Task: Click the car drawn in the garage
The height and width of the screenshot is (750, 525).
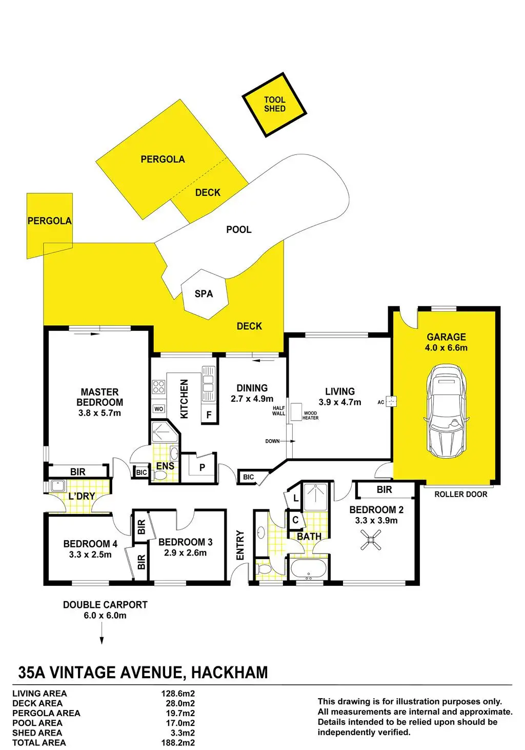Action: point(447,410)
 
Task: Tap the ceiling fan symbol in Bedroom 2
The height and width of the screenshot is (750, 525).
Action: point(371,540)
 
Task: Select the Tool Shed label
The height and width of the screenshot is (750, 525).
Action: point(275,104)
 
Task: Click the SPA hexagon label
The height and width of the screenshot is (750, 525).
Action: point(204,294)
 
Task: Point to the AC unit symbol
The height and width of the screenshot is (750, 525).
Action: point(393,402)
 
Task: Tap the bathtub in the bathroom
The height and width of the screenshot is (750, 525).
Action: point(308,569)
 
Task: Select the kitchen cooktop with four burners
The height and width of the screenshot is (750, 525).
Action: point(158,386)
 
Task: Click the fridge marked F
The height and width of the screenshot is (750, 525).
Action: point(209,415)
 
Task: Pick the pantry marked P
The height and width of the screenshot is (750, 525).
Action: point(202,467)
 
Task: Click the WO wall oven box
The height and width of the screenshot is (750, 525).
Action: point(159,409)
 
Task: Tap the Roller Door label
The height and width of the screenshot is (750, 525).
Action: point(460,494)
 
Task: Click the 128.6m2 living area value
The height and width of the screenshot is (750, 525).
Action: point(178,693)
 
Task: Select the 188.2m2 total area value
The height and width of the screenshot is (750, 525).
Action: point(178,742)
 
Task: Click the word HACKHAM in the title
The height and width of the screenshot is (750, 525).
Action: point(229,672)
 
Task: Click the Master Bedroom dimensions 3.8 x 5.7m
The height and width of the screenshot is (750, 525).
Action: point(99,413)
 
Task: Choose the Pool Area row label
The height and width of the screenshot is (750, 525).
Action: point(37,723)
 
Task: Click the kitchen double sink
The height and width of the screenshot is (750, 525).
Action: point(208,383)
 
